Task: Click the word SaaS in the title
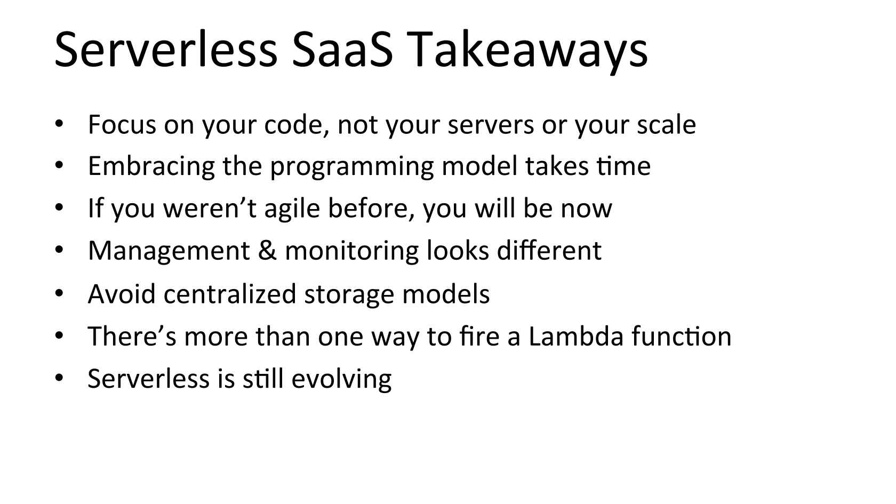click(342, 50)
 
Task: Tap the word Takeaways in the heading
click(527, 52)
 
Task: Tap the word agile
click(292, 209)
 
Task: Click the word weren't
click(210, 209)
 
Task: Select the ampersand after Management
click(267, 251)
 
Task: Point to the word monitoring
click(351, 252)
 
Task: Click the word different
click(549, 251)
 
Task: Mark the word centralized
click(229, 294)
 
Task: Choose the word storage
click(349, 295)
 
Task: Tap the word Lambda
click(576, 336)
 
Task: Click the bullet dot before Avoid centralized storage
click(59, 293)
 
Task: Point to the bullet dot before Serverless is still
click(59, 377)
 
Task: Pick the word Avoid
click(122, 294)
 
